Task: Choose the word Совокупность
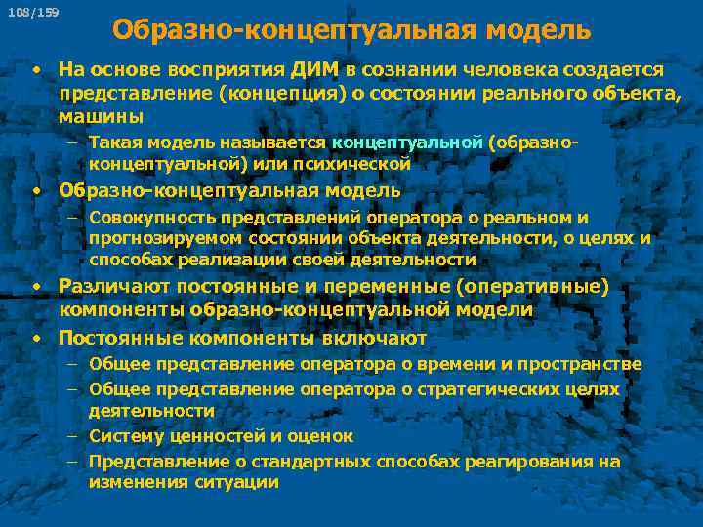[150, 218]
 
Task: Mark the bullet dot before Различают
[34, 286]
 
